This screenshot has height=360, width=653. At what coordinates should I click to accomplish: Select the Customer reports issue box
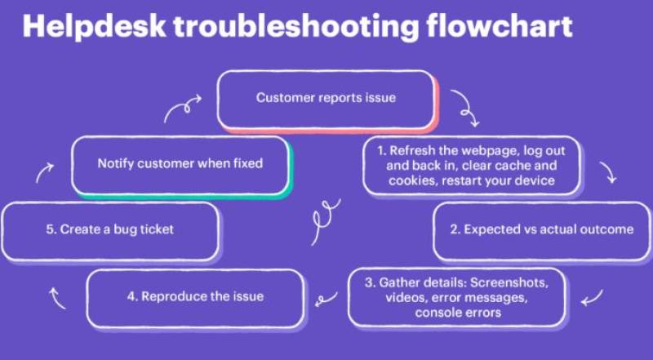point(326,99)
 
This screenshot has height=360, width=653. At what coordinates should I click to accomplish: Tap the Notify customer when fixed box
point(180,164)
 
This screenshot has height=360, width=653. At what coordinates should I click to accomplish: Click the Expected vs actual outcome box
point(540,230)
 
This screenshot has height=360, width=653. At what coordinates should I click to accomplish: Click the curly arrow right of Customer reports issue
point(464,108)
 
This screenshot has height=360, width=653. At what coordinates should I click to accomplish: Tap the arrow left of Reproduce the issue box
point(58,299)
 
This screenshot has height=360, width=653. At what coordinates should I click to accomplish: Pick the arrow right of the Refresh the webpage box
point(608,171)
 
